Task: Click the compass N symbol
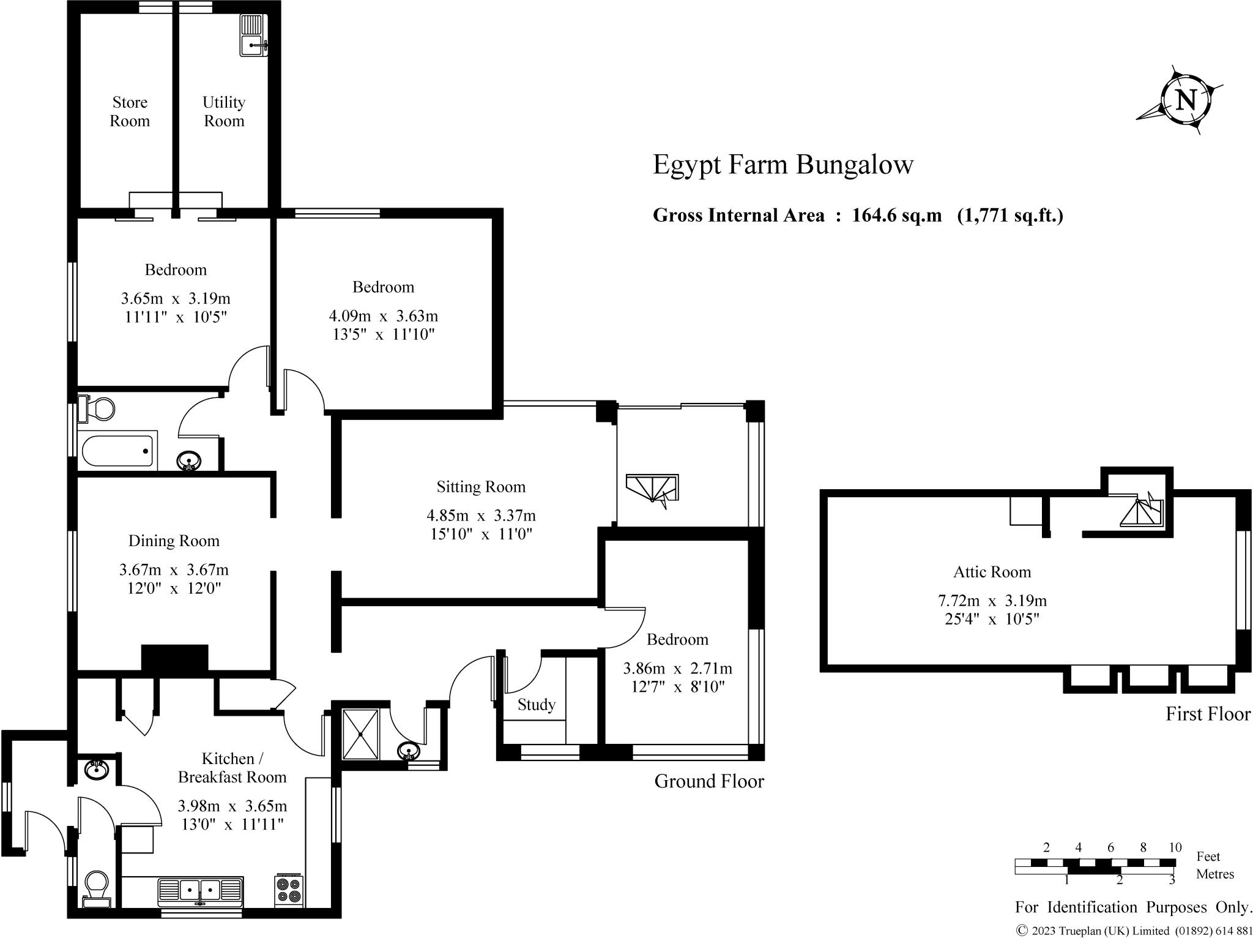(1186, 100)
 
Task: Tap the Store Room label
(130, 111)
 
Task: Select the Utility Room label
(224, 111)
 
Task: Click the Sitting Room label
(481, 487)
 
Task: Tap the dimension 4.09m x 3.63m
(384, 316)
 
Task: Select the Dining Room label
(174, 541)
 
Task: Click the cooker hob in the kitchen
(289, 890)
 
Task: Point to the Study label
(537, 705)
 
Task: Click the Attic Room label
(992, 572)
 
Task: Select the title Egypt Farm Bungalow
(783, 164)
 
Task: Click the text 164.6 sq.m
(896, 216)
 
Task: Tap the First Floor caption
(1208, 714)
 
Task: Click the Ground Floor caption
(709, 781)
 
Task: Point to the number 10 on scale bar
(1175, 847)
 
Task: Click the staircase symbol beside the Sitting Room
(652, 489)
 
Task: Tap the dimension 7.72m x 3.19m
(992, 601)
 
